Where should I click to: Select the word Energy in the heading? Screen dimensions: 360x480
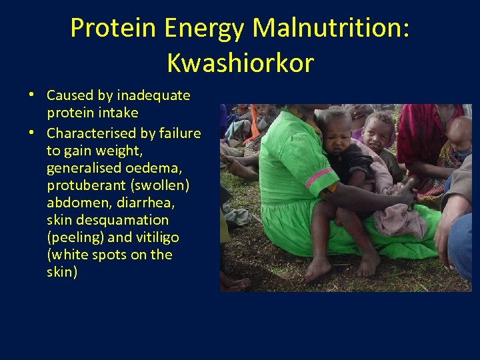click(x=206, y=28)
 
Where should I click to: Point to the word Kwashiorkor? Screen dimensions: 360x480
click(x=240, y=63)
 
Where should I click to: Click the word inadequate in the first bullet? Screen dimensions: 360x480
click(x=153, y=95)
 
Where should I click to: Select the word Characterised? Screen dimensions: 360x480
click(x=92, y=133)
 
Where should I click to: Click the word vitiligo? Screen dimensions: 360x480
click(x=155, y=237)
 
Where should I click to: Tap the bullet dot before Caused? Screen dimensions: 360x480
click(x=31, y=94)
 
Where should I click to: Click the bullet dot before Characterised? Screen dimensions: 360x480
click(x=31, y=131)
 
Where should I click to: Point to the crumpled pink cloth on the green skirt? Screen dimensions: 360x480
click(x=399, y=221)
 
